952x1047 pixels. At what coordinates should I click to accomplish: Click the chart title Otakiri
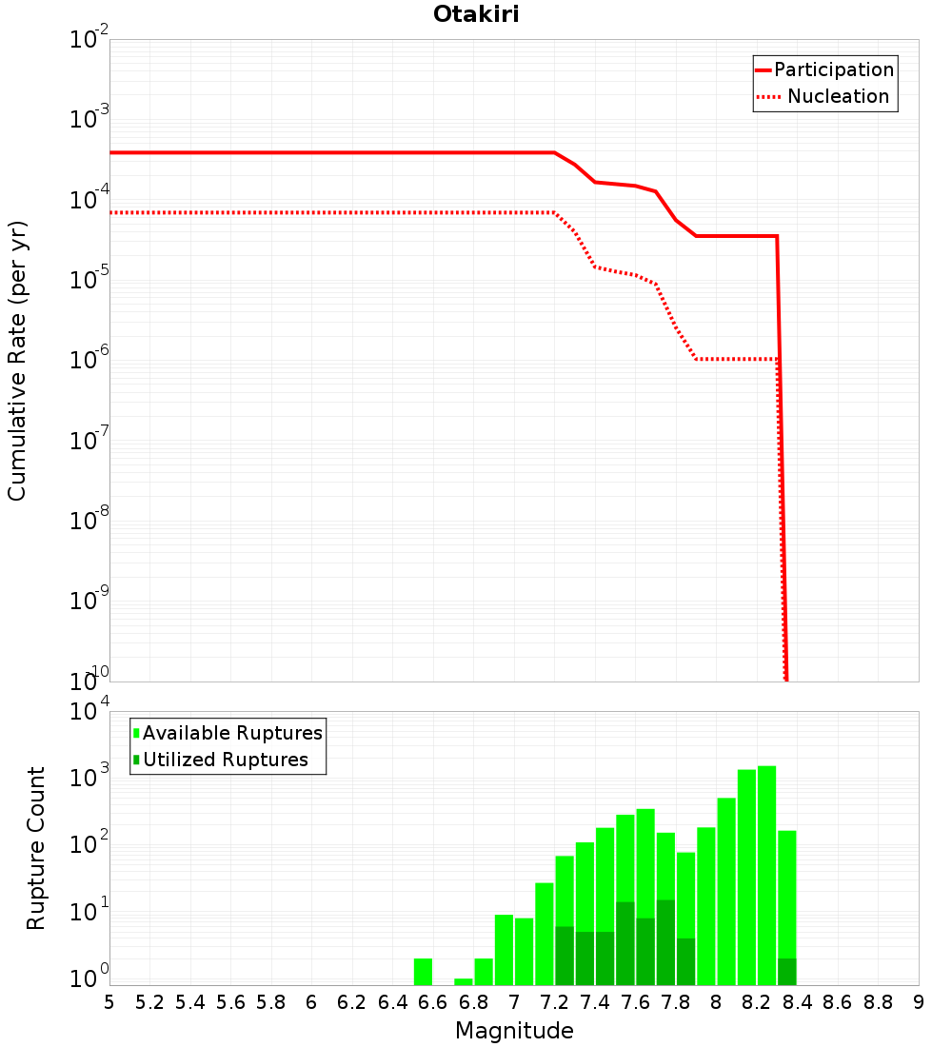[476, 14]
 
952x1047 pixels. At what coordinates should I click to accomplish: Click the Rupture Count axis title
[36, 847]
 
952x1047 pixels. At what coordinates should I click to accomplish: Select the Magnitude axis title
[514, 1031]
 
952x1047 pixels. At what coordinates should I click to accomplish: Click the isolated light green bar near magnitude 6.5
[423, 972]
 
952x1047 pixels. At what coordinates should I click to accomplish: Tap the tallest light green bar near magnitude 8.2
[766, 876]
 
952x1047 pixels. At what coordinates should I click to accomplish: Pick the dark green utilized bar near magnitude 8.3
[786, 972]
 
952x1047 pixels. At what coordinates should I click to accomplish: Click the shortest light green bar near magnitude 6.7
[464, 981]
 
